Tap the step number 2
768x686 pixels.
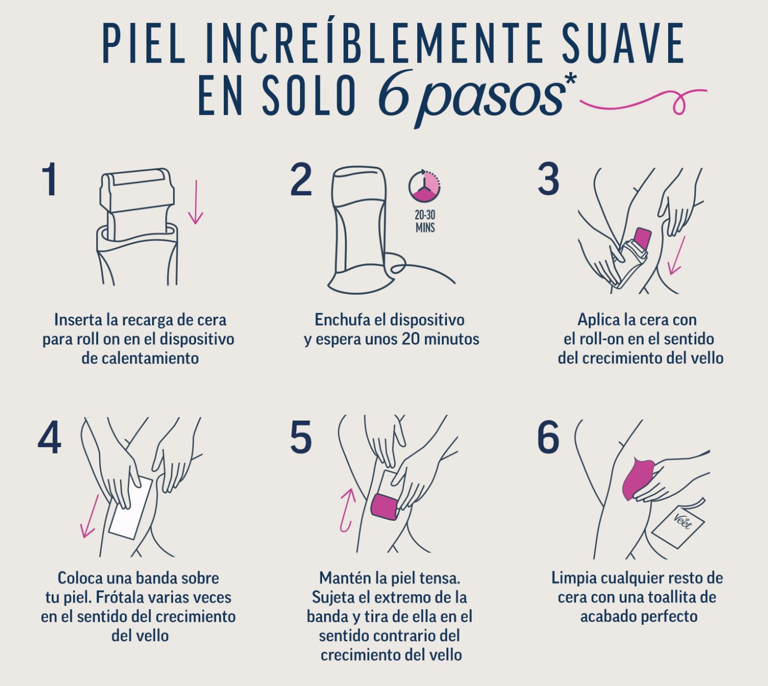pyautogui.click(x=301, y=179)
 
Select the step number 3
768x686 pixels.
pyautogui.click(x=548, y=178)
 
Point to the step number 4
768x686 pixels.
pyautogui.click(x=50, y=437)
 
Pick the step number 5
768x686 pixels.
pyautogui.click(x=301, y=437)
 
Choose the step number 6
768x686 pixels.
pyautogui.click(x=548, y=437)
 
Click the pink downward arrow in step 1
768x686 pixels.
pyautogui.click(x=196, y=202)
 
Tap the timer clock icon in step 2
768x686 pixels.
pyautogui.click(x=424, y=186)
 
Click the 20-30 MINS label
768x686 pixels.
pyautogui.click(x=425, y=221)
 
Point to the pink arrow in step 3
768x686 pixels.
pyautogui.click(x=677, y=255)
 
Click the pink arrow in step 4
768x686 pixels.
pyautogui.click(x=89, y=516)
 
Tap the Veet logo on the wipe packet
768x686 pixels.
pyautogui.click(x=683, y=521)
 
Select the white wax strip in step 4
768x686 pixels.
pyautogui.click(x=131, y=507)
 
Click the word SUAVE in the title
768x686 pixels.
pyautogui.click(x=623, y=42)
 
